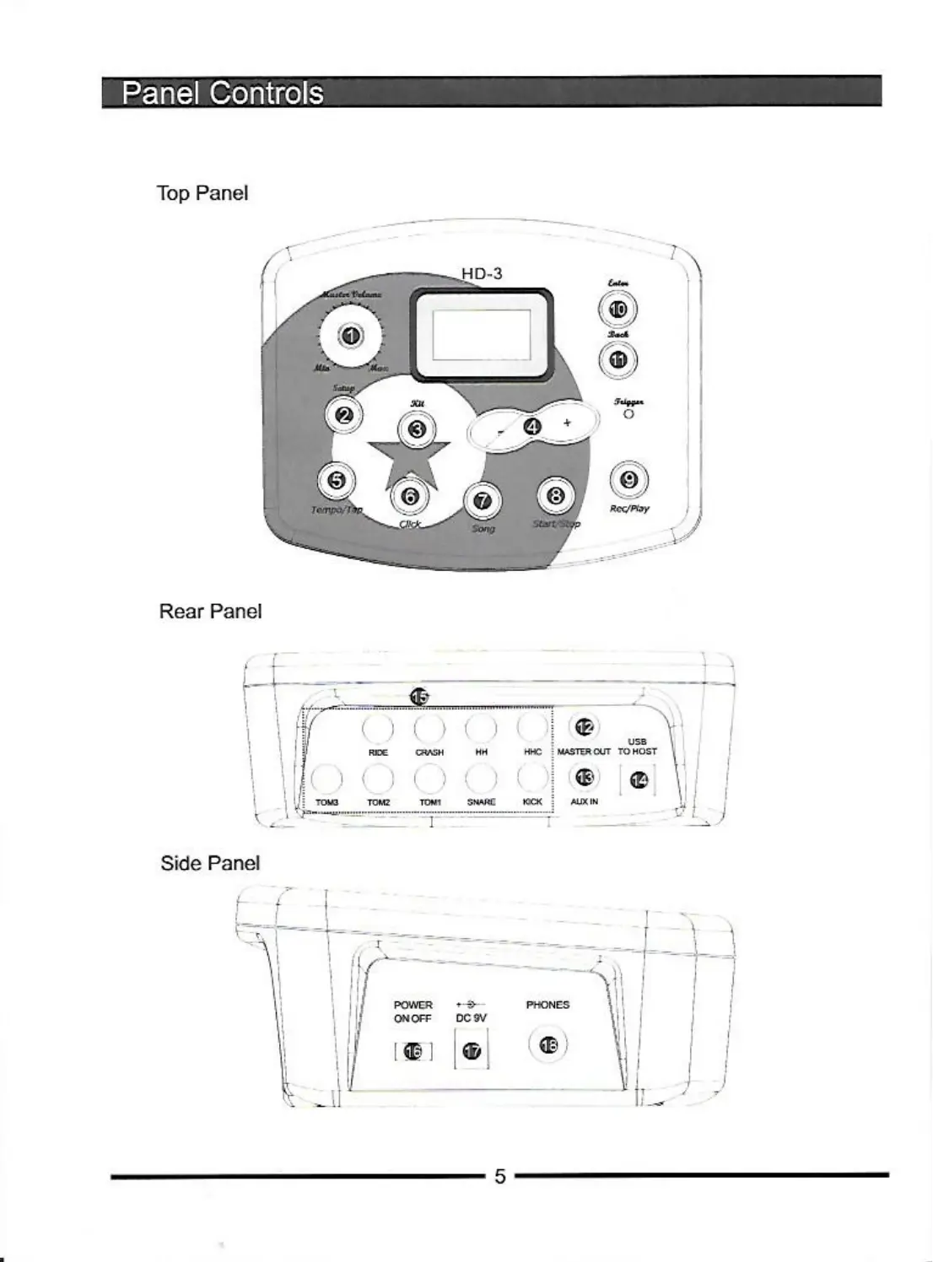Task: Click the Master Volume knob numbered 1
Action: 351,336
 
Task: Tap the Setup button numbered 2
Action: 344,414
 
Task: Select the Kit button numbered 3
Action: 417,430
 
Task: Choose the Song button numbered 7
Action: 483,500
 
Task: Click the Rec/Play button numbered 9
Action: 628,480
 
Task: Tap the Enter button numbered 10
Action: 618,310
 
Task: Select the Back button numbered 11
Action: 618,359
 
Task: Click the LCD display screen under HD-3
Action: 482,333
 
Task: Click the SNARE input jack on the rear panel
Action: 481,777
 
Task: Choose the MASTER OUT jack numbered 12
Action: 585,726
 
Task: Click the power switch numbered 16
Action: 413,1051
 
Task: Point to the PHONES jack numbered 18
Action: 548,1045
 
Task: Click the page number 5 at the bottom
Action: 500,1176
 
